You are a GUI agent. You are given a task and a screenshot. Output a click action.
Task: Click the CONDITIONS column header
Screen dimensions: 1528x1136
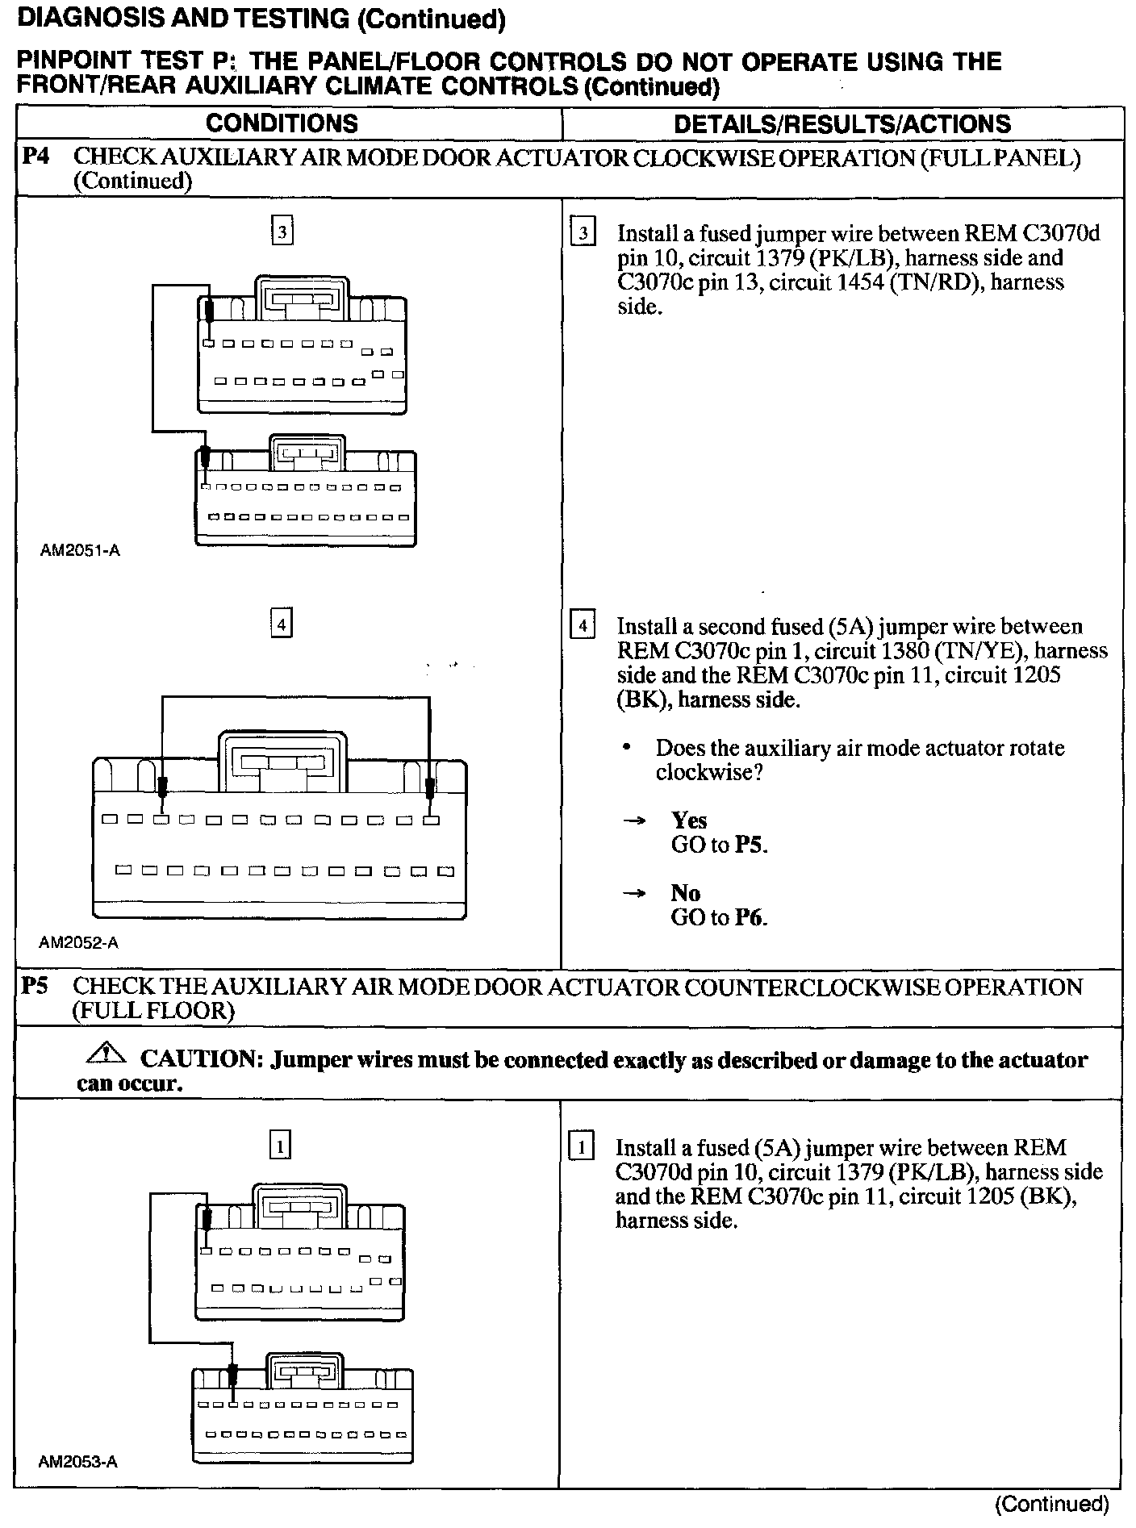coord(282,123)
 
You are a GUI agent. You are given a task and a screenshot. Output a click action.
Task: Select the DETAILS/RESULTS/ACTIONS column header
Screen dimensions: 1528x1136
coord(842,123)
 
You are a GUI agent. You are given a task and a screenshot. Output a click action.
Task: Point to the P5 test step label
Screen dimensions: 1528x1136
coord(35,986)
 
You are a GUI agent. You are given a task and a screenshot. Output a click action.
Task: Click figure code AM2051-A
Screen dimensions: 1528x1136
coord(80,551)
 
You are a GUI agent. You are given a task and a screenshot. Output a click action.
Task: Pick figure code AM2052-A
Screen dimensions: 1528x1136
coord(78,942)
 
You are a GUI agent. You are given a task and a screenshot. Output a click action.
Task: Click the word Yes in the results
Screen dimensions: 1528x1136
coord(689,820)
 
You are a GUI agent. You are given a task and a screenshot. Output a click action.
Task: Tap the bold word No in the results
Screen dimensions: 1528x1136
coord(685,893)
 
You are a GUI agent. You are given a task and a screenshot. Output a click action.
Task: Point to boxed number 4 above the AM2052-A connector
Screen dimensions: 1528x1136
coord(281,624)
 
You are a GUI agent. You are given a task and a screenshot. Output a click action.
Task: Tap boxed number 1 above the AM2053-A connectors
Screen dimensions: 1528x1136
coord(279,1146)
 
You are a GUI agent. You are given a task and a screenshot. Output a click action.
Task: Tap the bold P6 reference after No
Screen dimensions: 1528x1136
coord(750,917)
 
